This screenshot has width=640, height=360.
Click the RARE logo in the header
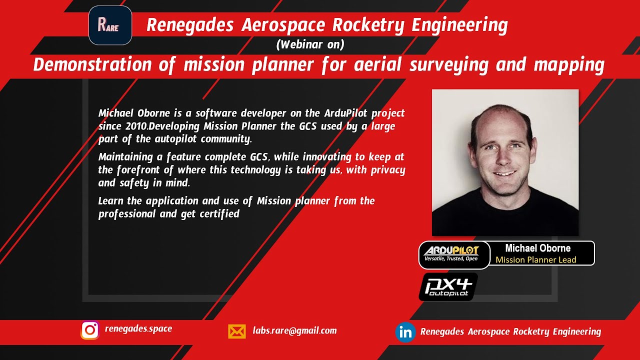[x=110, y=25]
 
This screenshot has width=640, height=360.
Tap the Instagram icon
[x=90, y=330]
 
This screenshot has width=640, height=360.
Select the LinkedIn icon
[x=405, y=332]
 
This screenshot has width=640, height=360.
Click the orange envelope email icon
[x=237, y=331]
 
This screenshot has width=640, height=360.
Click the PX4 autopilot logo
[x=448, y=287]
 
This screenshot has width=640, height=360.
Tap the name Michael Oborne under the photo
[x=537, y=248]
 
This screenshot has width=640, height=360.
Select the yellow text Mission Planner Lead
[x=535, y=259]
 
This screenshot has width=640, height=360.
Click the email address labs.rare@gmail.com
[x=294, y=330]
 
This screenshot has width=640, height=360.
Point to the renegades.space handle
[x=138, y=328]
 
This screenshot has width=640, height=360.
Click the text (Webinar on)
[x=310, y=44]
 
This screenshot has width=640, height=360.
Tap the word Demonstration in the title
[x=92, y=65]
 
